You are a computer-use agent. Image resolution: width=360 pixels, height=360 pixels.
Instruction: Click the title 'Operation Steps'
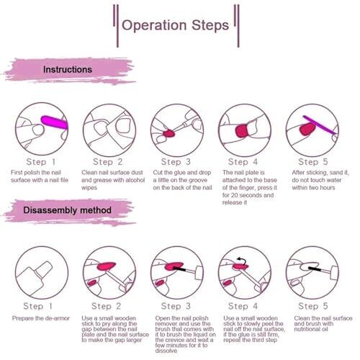click(175, 25)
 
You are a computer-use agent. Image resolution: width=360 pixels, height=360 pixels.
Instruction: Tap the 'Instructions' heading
click(68, 70)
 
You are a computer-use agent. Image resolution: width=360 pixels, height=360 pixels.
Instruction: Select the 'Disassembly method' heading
click(67, 210)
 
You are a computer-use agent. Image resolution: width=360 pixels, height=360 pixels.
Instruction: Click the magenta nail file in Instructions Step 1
click(55, 122)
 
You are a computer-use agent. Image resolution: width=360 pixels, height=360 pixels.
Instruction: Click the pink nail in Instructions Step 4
click(242, 131)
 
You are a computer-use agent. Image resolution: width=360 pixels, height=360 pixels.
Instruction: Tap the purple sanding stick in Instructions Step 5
click(319, 125)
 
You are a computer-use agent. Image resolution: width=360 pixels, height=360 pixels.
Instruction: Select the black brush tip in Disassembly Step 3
click(179, 269)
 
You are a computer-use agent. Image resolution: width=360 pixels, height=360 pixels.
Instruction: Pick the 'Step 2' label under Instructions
click(108, 162)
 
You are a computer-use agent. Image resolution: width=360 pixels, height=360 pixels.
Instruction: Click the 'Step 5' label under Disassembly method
click(313, 306)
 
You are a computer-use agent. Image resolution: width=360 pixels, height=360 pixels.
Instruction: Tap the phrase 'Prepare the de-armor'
click(41, 318)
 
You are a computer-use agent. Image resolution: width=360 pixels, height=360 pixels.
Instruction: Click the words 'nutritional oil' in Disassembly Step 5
click(311, 329)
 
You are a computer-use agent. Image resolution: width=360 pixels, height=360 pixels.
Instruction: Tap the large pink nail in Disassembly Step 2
click(106, 266)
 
